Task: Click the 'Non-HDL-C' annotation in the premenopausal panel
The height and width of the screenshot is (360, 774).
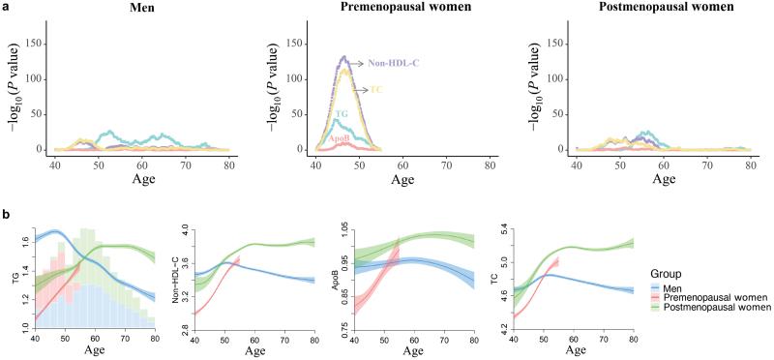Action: point(394,64)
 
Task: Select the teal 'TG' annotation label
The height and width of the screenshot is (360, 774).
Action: point(339,114)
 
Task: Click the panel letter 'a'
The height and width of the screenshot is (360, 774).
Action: point(5,7)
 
